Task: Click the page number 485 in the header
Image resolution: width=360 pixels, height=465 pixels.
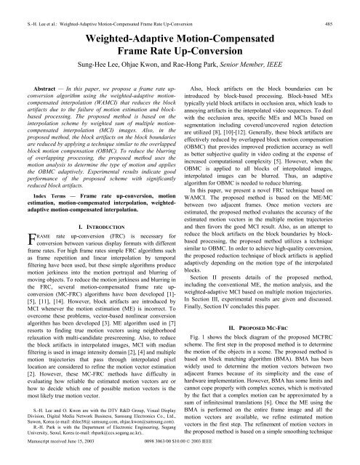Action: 348,6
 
